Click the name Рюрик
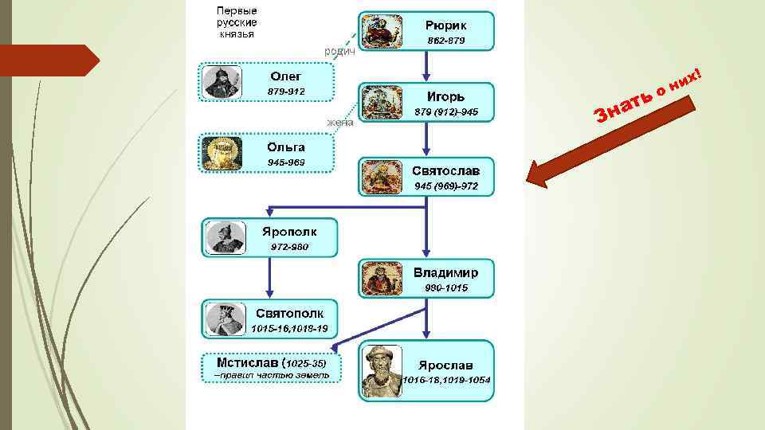coord(445,25)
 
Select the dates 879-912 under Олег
coord(286,92)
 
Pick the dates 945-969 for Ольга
coord(286,162)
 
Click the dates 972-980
coord(289,247)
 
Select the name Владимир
coord(445,272)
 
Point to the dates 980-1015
coord(446,287)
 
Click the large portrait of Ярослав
coord(381,370)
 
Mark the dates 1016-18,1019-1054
coord(446,379)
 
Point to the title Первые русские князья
coord(237,22)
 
